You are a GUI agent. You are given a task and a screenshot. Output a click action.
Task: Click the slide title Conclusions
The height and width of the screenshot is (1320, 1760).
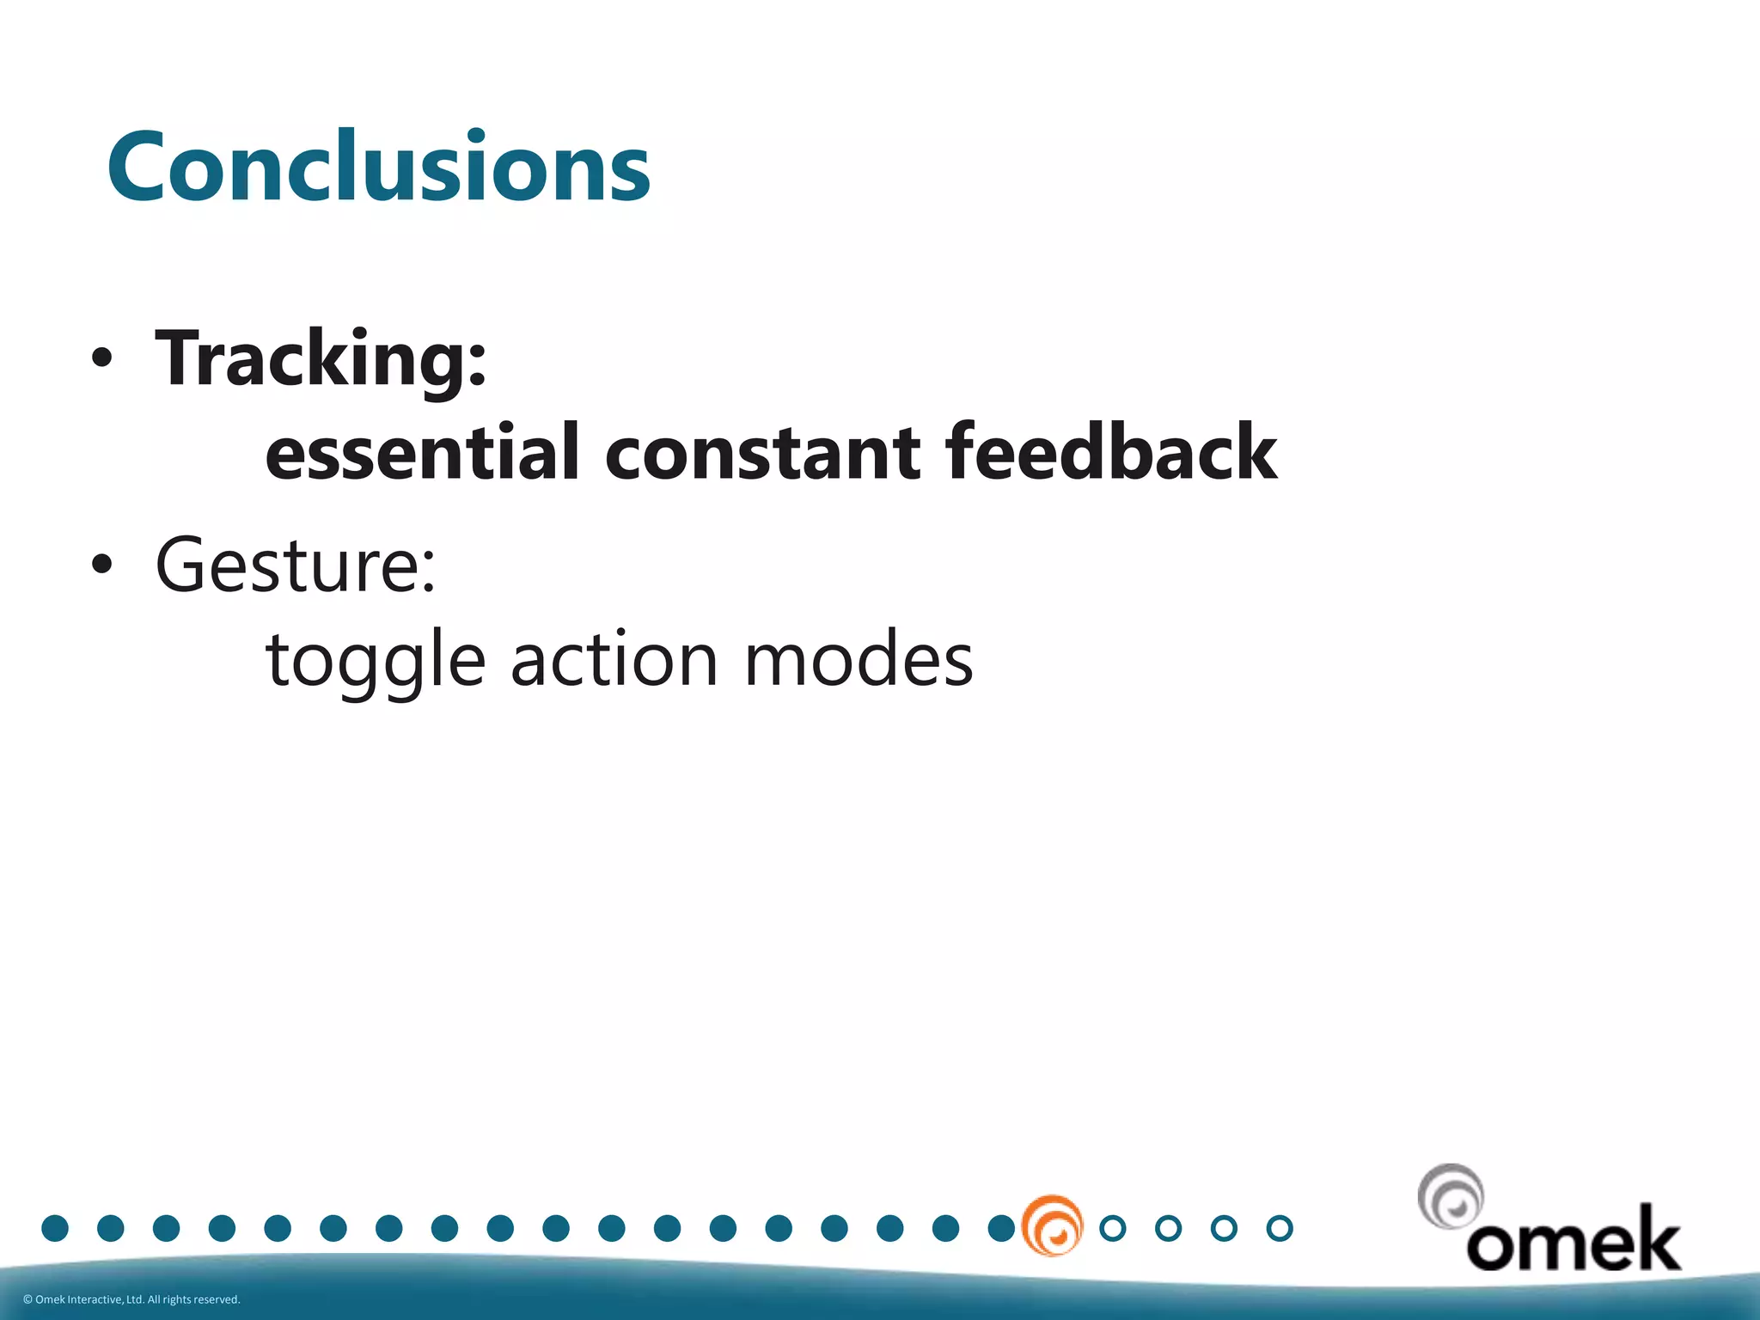tap(378, 167)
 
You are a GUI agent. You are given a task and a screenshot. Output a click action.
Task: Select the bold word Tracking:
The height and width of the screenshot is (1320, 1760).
tap(321, 359)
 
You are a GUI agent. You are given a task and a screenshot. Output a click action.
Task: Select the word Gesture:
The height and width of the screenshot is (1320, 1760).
tap(296, 566)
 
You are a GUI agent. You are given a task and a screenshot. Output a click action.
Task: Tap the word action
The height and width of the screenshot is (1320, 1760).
tap(614, 660)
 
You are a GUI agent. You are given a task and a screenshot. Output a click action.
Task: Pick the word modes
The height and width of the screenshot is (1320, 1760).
tap(858, 660)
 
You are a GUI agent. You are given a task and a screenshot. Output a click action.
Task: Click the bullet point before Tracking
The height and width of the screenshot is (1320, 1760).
tap(101, 358)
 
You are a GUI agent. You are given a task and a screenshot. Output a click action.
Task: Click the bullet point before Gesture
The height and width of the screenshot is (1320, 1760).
tap(101, 565)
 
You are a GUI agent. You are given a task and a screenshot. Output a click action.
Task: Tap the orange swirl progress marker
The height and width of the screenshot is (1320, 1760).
tap(1053, 1225)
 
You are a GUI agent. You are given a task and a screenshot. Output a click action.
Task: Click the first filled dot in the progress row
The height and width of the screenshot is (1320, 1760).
tap(55, 1228)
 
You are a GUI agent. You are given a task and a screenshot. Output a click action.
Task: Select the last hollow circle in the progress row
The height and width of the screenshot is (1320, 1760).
tap(1280, 1228)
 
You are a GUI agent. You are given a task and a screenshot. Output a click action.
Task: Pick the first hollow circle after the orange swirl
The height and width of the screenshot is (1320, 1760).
tap(1113, 1228)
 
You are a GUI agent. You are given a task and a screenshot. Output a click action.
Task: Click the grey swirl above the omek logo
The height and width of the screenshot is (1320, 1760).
tap(1451, 1196)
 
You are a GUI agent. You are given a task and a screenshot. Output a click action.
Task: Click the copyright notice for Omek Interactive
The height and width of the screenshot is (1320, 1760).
tap(131, 1299)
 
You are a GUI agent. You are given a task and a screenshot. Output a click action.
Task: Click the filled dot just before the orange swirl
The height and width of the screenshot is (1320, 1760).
tap(1001, 1228)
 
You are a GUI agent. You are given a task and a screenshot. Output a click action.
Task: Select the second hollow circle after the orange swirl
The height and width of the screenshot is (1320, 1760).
tap(1169, 1228)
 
